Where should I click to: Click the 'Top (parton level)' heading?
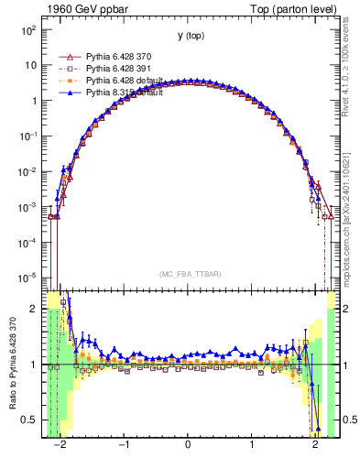pyautogui.click(x=291, y=8)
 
